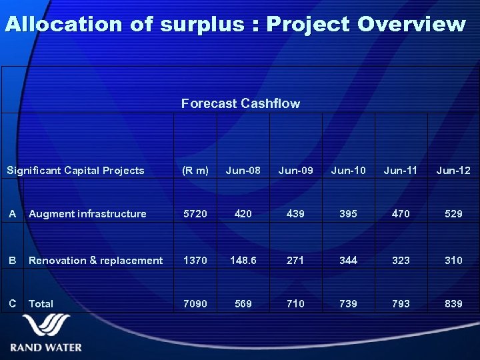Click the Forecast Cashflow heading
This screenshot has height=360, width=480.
pyautogui.click(x=240, y=103)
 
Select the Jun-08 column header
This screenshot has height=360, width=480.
pyautogui.click(x=243, y=171)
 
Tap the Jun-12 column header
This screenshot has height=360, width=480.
pyautogui.click(x=453, y=171)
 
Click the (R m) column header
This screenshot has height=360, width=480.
pyautogui.click(x=195, y=171)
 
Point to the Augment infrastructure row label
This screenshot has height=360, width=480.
pyautogui.click(x=87, y=214)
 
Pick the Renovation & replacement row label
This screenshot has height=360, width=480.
pyautogui.click(x=95, y=261)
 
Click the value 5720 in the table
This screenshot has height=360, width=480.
pyautogui.click(x=195, y=214)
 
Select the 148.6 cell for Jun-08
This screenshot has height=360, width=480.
pyautogui.click(x=243, y=261)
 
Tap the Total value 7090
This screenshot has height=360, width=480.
pyautogui.click(x=195, y=304)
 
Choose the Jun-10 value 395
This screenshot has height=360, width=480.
pyautogui.click(x=348, y=214)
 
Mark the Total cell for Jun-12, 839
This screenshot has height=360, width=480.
pyautogui.click(x=453, y=304)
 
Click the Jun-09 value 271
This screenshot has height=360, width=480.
pyautogui.click(x=295, y=261)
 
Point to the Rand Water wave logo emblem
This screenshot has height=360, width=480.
pyautogui.click(x=46, y=327)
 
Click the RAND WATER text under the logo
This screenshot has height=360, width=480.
pyautogui.click(x=46, y=347)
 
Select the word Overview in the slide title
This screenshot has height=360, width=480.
pyautogui.click(x=411, y=25)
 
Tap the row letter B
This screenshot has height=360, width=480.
pyautogui.click(x=12, y=261)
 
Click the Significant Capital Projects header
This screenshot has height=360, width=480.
pyautogui.click(x=75, y=171)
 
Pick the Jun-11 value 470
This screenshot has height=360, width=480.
pyautogui.click(x=401, y=214)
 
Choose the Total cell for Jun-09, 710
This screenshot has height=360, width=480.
pyautogui.click(x=295, y=304)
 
